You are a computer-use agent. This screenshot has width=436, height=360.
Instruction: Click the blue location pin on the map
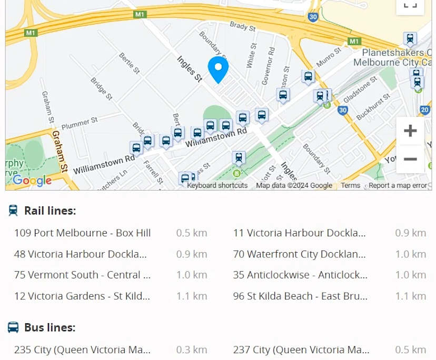(x=218, y=68)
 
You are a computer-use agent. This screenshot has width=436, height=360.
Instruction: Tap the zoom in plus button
(x=410, y=131)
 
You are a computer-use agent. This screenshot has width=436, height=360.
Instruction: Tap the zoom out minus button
(x=410, y=159)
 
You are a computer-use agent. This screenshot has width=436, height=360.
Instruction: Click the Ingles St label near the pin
(x=190, y=69)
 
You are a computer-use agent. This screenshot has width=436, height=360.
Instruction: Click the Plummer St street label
(x=80, y=124)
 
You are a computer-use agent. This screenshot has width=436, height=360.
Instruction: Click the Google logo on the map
(x=32, y=181)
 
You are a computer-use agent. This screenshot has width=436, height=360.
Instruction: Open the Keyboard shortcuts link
(x=217, y=185)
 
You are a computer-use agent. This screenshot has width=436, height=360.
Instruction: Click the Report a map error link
(x=398, y=185)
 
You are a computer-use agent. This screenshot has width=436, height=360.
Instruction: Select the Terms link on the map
(x=350, y=185)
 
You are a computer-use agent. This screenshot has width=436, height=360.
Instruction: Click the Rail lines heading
(x=50, y=211)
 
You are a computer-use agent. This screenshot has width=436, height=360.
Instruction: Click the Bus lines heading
(x=49, y=328)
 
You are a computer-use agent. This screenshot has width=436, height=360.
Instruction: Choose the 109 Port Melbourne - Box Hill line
(x=82, y=233)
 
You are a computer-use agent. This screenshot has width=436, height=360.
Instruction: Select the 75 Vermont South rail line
(x=82, y=275)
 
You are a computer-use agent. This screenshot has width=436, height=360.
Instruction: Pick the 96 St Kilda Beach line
(x=300, y=296)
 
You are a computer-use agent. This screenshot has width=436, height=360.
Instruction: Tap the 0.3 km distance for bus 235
(x=192, y=350)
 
